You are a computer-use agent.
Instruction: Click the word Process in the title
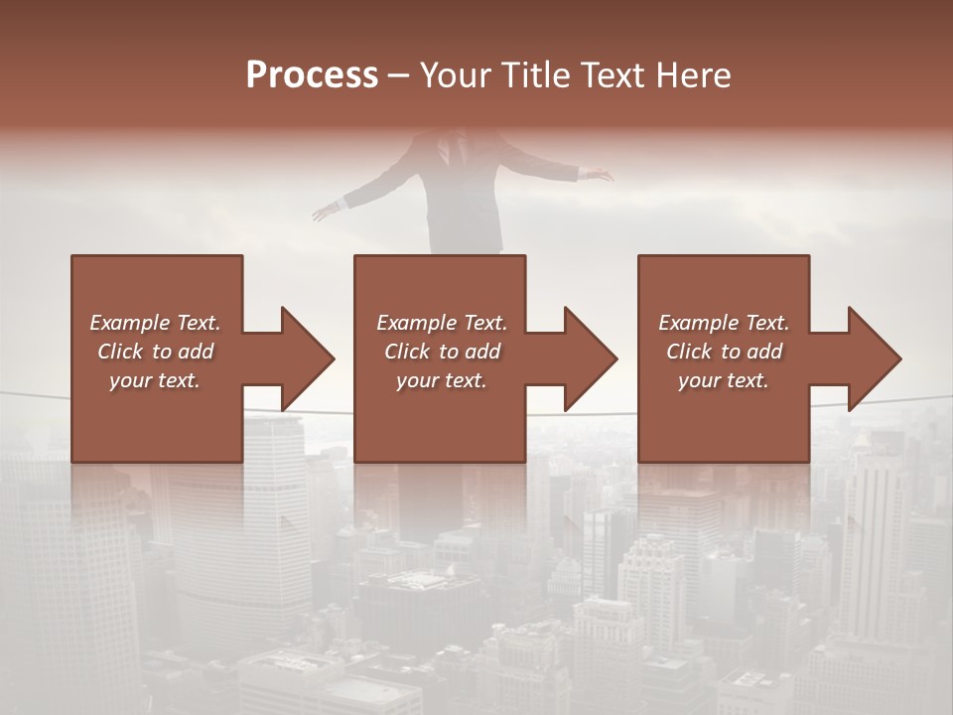(312, 75)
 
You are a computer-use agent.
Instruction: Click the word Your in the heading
(453, 75)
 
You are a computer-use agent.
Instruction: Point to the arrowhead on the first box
(307, 358)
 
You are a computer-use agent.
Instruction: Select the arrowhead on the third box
(874, 358)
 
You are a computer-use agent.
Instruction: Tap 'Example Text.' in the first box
(155, 323)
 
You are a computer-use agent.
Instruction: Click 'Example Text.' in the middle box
(442, 323)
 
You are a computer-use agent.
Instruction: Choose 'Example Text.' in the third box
(724, 323)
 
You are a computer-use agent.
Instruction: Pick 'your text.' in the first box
(155, 380)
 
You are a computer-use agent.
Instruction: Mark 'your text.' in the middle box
(442, 380)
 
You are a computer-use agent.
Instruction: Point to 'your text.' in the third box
(724, 380)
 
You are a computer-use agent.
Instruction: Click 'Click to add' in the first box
(155, 352)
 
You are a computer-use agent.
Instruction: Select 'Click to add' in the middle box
(442, 352)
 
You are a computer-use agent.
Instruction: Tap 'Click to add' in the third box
(724, 352)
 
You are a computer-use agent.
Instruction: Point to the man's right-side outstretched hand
(599, 176)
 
